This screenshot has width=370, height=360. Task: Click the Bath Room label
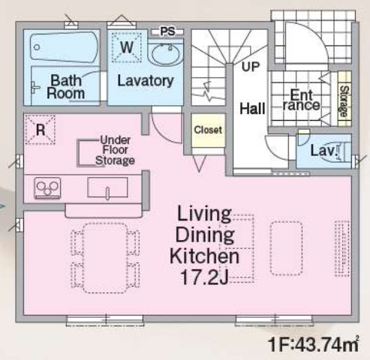[x=66, y=87]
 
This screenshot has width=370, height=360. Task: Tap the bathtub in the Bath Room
[x=64, y=46]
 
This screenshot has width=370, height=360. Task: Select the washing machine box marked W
[x=127, y=47]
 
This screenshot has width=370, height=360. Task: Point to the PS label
[x=167, y=31]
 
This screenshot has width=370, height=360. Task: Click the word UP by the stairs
[x=251, y=67]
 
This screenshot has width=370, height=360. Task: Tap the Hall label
[x=252, y=109]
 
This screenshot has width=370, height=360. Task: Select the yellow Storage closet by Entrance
[x=344, y=99]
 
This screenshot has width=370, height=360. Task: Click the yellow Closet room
[x=208, y=130]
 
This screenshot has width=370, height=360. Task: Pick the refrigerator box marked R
[x=40, y=130]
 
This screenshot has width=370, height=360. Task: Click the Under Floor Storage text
[x=115, y=151]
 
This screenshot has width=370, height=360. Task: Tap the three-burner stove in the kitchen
[x=47, y=188]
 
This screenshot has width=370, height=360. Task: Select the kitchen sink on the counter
[x=107, y=187]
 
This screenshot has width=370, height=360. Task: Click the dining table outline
[x=105, y=258]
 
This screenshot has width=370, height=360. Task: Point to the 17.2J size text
[x=204, y=277]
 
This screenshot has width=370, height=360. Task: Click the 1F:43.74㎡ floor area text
[x=314, y=344]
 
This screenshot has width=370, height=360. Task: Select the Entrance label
[x=301, y=100]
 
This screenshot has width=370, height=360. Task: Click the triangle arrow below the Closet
[x=199, y=163]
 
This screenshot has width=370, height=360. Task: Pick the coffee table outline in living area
[x=286, y=248]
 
